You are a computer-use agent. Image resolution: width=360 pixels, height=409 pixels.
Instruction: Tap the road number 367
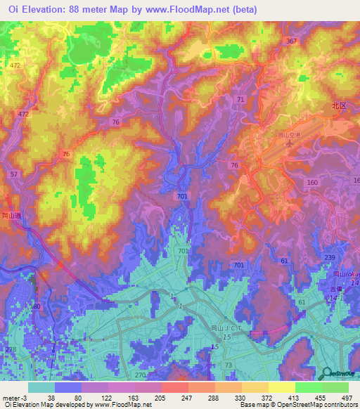point(291,42)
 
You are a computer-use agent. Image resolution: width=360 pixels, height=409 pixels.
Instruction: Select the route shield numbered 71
point(241,100)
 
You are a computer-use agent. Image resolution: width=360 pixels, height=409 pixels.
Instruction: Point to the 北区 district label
point(340,105)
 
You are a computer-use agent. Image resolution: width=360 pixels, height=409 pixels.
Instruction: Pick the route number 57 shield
point(14,173)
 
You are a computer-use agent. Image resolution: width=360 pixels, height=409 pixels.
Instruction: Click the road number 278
point(10,349)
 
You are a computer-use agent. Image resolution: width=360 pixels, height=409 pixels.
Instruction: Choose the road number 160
point(312,182)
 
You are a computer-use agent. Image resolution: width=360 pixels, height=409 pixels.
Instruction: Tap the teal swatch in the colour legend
point(41,387)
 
